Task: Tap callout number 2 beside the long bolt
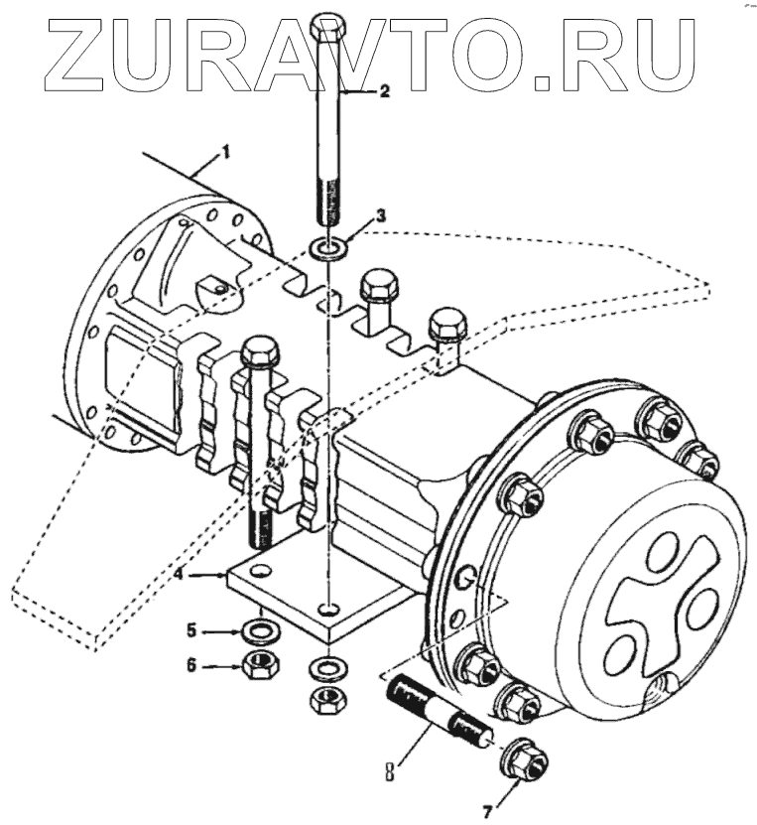coord(384,90)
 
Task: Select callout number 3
coord(380,215)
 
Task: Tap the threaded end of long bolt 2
coord(328,204)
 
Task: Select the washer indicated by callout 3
coord(328,244)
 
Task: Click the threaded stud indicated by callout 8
coord(437,714)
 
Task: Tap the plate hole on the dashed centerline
coord(327,605)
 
